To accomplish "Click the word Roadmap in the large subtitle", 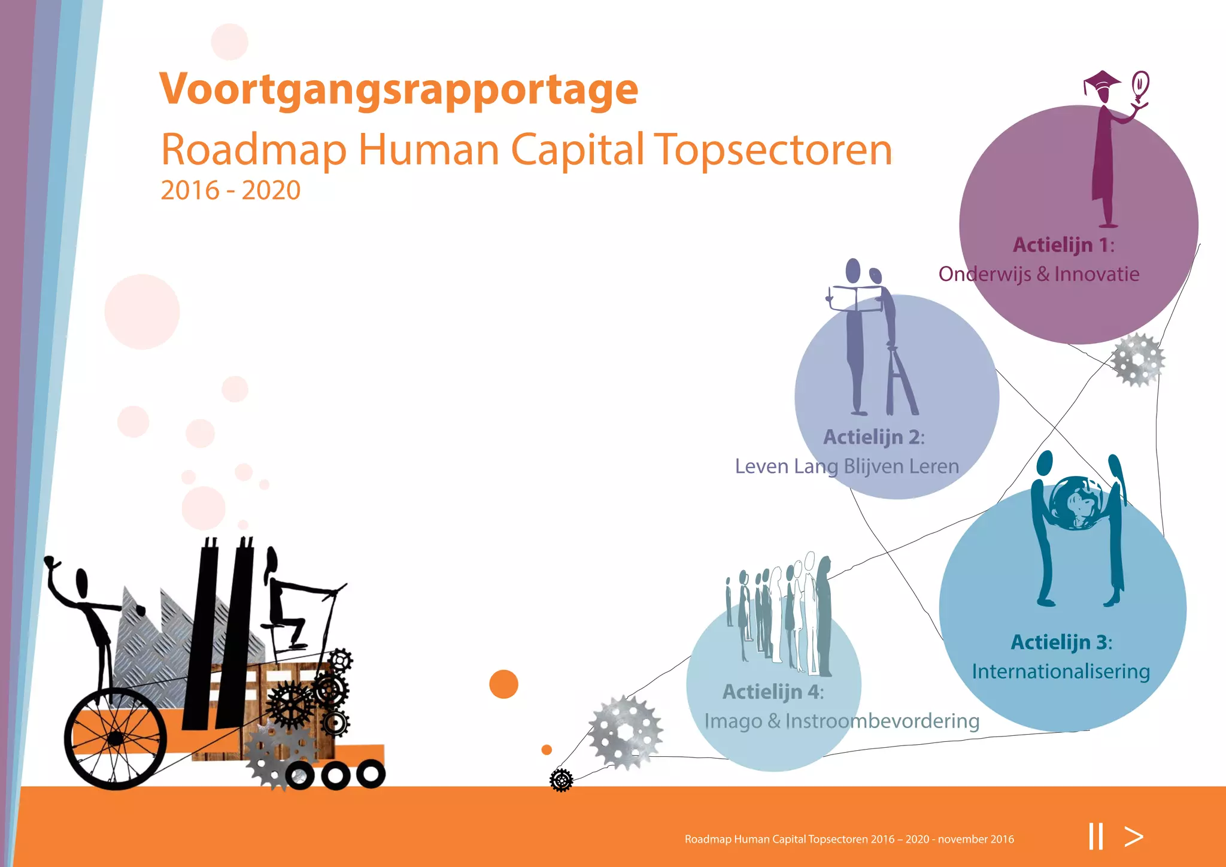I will tap(254, 150).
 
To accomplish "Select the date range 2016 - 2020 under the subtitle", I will tap(230, 190).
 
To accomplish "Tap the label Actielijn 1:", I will tap(1063, 245).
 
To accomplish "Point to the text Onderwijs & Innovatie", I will tap(1039, 274).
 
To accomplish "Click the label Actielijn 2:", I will tap(873, 437).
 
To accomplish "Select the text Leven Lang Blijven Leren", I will tap(846, 466).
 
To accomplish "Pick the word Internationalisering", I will tap(1061, 672).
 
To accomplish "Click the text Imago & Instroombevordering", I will tap(842, 721).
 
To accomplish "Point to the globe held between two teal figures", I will tap(1077, 502).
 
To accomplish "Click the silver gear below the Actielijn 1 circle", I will tap(1138, 360).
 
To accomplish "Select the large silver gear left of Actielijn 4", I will tap(626, 732).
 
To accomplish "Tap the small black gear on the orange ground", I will tap(561, 780).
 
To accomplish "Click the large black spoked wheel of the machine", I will tap(116, 738).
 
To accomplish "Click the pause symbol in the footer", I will tap(1096, 836).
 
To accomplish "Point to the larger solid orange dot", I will tap(503, 684).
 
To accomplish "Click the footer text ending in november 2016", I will tap(849, 839).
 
